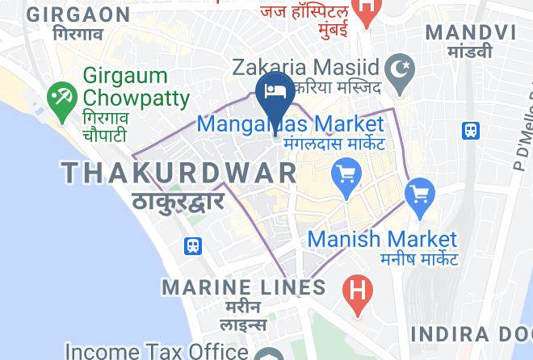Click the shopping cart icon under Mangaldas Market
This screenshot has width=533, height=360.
click(x=346, y=173)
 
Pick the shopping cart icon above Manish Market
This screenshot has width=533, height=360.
click(x=420, y=194)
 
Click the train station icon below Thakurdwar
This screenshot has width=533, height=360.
click(x=193, y=245)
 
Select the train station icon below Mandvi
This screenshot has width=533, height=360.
click(x=469, y=129)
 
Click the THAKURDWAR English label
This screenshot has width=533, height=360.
click(x=179, y=172)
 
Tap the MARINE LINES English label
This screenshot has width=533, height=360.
click(x=244, y=287)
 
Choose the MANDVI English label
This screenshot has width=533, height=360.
click(x=470, y=31)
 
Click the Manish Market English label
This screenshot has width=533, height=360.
click(x=382, y=239)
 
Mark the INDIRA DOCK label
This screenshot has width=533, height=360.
click(x=471, y=334)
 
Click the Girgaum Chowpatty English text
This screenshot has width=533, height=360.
click(x=136, y=88)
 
